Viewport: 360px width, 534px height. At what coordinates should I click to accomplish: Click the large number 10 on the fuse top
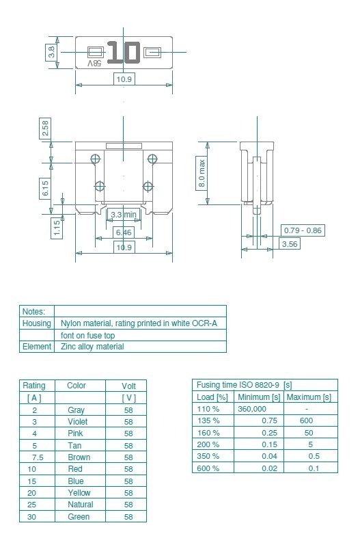(x=124, y=53)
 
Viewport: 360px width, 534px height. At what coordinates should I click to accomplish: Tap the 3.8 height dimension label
(x=51, y=53)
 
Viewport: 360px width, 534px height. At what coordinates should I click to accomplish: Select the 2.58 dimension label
(x=45, y=128)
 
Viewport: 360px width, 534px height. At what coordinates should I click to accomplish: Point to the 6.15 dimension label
(x=45, y=188)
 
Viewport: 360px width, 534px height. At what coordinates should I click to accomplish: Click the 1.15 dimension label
(x=57, y=228)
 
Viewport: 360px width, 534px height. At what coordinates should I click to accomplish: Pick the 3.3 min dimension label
(x=124, y=215)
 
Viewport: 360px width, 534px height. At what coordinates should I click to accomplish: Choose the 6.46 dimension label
(x=124, y=232)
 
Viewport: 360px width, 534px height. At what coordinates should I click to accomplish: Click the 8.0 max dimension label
(x=202, y=174)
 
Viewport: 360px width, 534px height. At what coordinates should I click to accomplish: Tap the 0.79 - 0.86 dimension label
(x=303, y=230)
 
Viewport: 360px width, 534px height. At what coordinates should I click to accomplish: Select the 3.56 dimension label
(x=290, y=244)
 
